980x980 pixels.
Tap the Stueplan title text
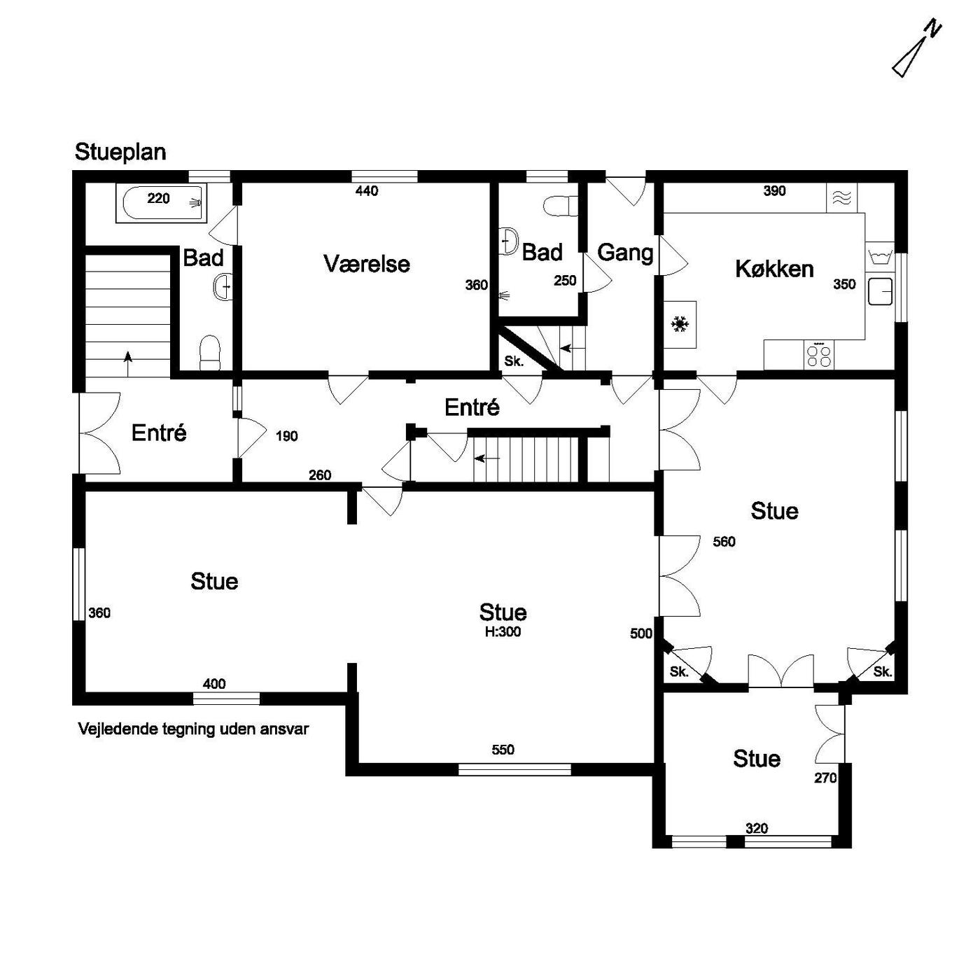point(120,152)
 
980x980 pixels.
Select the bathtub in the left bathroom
point(162,204)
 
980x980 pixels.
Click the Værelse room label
point(367,264)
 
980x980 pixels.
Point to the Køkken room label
point(774,269)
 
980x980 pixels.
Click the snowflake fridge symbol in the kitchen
point(680,325)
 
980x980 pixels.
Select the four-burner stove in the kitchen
point(819,354)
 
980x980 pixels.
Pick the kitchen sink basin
point(881,291)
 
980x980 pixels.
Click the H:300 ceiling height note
point(503,631)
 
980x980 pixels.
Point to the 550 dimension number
point(503,750)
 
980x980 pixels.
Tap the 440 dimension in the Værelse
point(367,190)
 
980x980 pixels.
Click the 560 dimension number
point(724,542)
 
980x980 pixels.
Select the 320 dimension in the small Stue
point(756,828)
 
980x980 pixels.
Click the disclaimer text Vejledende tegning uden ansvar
point(193,729)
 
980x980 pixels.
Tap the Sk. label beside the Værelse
point(514,362)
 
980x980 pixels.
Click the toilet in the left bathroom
point(209,352)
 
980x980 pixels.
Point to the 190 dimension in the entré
point(286,436)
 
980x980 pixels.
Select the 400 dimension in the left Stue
point(214,683)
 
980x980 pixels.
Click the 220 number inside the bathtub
point(158,198)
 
